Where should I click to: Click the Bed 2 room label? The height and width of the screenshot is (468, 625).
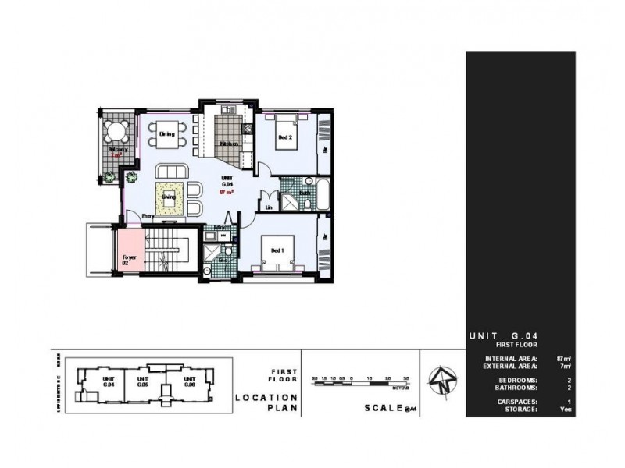pos(285,137)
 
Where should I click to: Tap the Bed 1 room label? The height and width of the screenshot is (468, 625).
pos(277,250)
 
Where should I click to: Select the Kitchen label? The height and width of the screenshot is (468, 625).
pos(228,144)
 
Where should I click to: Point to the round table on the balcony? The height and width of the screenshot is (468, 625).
pos(117,130)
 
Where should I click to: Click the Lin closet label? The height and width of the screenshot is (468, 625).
pos(268,207)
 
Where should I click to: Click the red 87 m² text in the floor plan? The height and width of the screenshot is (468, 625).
pos(228,190)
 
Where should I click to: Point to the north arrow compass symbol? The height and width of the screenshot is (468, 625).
pos(443,382)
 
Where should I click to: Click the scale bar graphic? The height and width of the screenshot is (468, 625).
pos(360,380)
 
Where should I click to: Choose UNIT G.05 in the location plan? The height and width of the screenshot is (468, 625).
pos(142,383)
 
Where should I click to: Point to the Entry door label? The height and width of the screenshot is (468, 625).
pos(148,217)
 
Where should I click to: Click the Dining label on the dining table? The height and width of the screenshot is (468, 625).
pos(166,134)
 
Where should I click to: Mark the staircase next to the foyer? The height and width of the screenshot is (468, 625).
pos(164,250)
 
